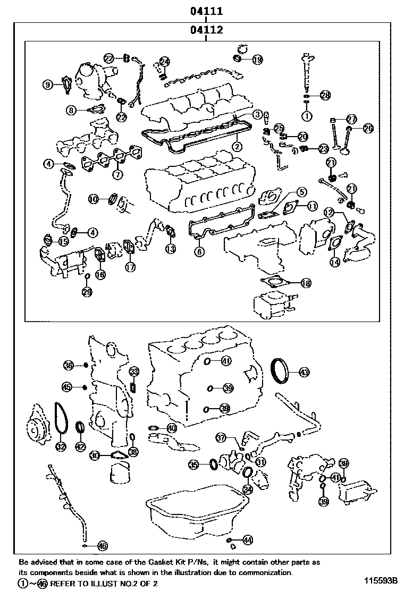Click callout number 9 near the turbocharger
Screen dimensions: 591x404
47,84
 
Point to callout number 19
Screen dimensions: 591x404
257,60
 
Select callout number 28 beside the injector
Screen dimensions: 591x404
325,96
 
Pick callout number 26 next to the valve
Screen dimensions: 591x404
368,128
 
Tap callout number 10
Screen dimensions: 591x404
94,199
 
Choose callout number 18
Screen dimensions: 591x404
305,283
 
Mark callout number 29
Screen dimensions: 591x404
87,291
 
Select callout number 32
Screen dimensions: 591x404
61,446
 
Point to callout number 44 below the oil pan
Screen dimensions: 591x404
247,540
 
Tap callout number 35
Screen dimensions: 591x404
194,465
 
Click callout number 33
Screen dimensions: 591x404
134,372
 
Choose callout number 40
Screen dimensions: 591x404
171,428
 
